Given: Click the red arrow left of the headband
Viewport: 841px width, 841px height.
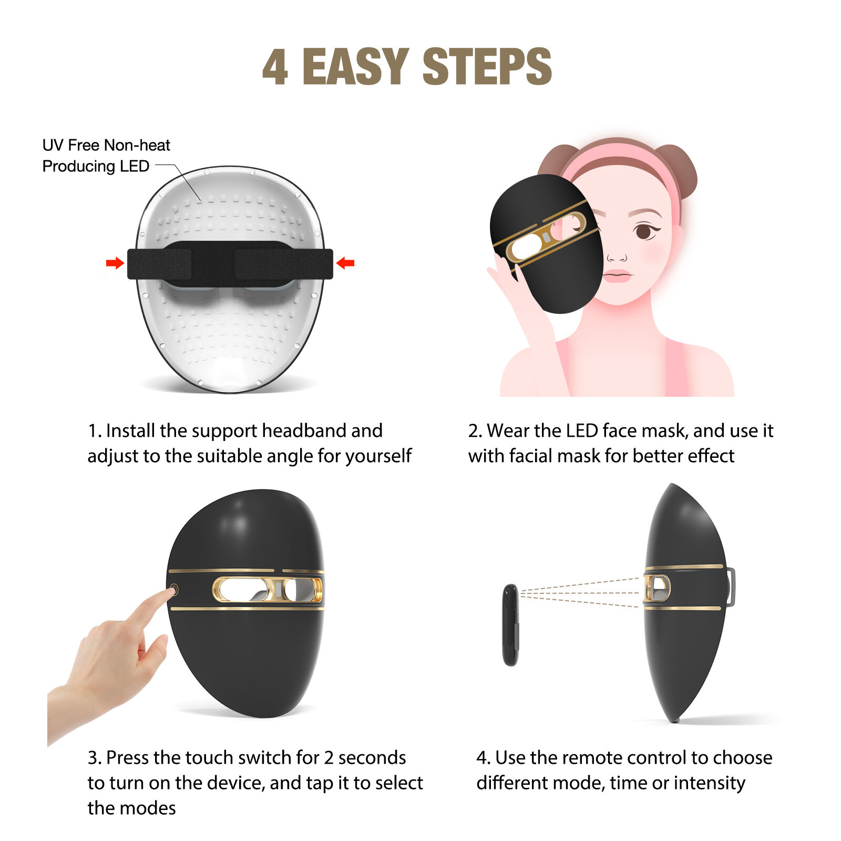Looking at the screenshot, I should [x=114, y=263].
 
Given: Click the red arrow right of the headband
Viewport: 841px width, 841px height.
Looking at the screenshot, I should [x=345, y=263].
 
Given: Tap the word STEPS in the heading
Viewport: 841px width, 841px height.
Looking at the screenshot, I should [x=487, y=67].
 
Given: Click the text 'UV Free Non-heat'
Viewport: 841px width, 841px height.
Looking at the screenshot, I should [x=106, y=145].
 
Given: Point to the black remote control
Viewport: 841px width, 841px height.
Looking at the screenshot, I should [x=510, y=625].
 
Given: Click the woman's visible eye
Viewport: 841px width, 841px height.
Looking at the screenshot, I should [x=643, y=231].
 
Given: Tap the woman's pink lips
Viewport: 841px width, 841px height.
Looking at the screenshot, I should [x=617, y=275].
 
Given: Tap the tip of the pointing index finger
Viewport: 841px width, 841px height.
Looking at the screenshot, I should [x=169, y=593].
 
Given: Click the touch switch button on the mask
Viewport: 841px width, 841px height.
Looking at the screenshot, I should [x=174, y=590].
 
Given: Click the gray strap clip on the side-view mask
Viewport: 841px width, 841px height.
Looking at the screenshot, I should [x=731, y=587].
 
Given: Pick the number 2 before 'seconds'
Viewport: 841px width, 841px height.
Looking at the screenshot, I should [x=329, y=758].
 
